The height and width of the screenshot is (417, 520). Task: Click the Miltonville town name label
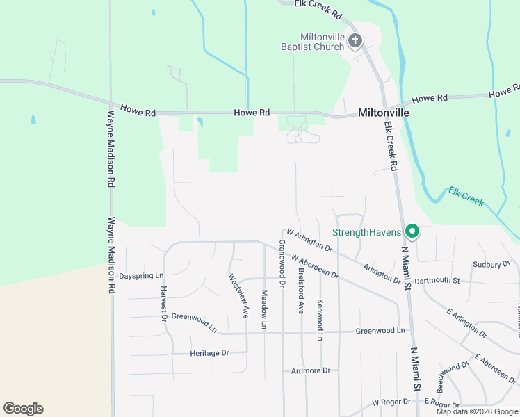(383, 112)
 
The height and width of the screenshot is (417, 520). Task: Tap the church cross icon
(355, 41)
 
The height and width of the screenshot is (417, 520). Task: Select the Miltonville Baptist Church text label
(322, 42)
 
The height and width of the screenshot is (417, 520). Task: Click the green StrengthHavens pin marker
(412, 231)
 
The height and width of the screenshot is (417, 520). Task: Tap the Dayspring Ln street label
(140, 275)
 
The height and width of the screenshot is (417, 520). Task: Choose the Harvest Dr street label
(164, 304)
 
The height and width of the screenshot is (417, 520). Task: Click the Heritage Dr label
(209, 353)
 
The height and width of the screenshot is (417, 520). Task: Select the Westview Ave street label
(238, 295)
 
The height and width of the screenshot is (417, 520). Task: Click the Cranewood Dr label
(282, 263)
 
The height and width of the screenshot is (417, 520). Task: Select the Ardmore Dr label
(311, 370)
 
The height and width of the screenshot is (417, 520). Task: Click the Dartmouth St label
(437, 281)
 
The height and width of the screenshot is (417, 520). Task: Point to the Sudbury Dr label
(491, 265)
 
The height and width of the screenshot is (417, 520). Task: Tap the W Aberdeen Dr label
(314, 267)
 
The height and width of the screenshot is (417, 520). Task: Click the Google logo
(23, 409)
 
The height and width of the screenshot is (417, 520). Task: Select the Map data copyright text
(476, 411)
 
